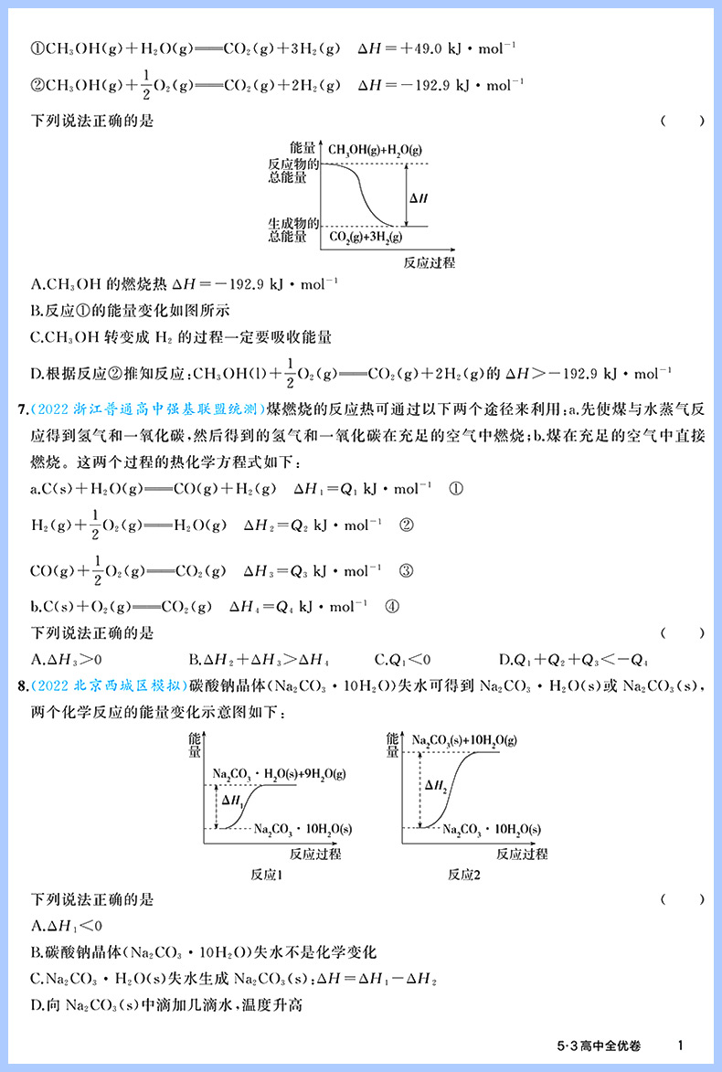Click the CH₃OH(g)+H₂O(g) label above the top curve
pyautogui.click(x=375, y=149)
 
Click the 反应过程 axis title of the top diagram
pyautogui.click(x=429, y=262)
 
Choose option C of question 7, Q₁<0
pyautogui.click(x=402, y=659)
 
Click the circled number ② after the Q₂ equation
pyautogui.click(x=408, y=525)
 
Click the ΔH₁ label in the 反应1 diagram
pyautogui.click(x=233, y=800)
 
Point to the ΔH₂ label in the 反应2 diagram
pyautogui.click(x=436, y=784)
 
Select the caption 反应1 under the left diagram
pyautogui.click(x=266, y=875)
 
